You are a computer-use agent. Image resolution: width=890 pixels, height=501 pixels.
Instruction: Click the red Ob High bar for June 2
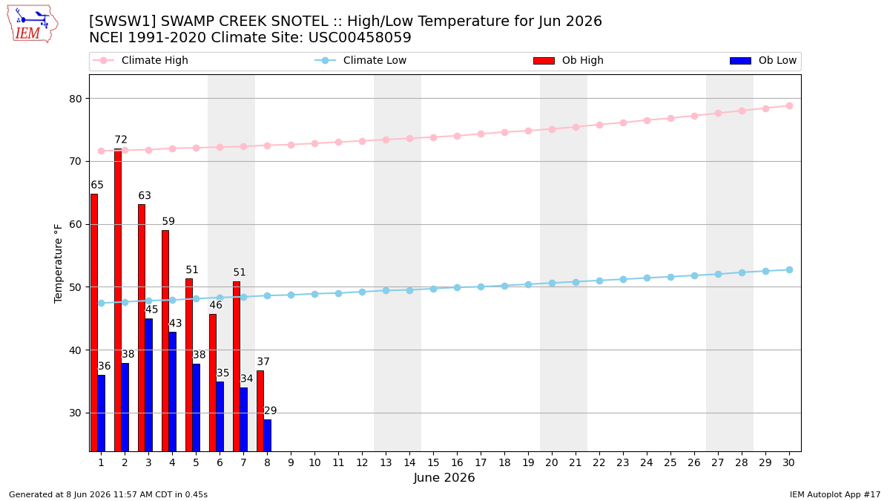click(x=118, y=300)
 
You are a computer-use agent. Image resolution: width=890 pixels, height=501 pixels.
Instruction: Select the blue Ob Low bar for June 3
click(x=148, y=385)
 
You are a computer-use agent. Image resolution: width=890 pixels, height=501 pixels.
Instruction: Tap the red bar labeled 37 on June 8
click(x=260, y=411)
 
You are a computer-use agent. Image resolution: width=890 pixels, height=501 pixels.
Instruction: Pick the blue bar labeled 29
click(x=268, y=436)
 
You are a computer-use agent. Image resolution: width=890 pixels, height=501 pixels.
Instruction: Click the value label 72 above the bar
click(x=121, y=140)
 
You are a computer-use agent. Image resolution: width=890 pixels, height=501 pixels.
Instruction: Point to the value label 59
click(x=168, y=221)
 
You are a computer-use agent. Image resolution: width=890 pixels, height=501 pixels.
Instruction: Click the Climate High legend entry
click(x=141, y=60)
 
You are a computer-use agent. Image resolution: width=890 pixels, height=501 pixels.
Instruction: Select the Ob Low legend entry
click(x=763, y=60)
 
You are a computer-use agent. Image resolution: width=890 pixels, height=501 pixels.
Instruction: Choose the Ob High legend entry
click(x=568, y=60)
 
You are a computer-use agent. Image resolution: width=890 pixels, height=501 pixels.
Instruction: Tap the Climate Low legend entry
click(x=360, y=60)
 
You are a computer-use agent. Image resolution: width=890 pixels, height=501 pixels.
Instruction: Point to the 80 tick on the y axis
click(x=75, y=99)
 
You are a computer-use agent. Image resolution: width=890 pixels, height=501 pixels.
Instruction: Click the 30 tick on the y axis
click(x=75, y=413)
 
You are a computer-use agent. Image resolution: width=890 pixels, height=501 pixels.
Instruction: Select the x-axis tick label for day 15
click(x=433, y=463)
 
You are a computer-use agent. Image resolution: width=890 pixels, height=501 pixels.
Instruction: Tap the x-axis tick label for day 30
click(x=788, y=463)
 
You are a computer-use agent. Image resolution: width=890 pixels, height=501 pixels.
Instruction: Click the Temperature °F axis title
click(x=58, y=264)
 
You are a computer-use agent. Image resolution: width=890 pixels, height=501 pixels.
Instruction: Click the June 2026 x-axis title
click(x=444, y=477)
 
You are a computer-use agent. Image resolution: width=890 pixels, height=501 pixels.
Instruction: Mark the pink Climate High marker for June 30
click(x=789, y=105)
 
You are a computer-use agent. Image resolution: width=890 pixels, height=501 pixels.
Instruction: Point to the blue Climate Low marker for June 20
click(x=552, y=283)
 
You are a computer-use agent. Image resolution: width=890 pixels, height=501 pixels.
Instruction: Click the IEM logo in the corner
click(x=33, y=24)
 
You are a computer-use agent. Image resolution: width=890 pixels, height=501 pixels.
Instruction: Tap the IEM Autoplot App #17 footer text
click(x=835, y=494)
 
